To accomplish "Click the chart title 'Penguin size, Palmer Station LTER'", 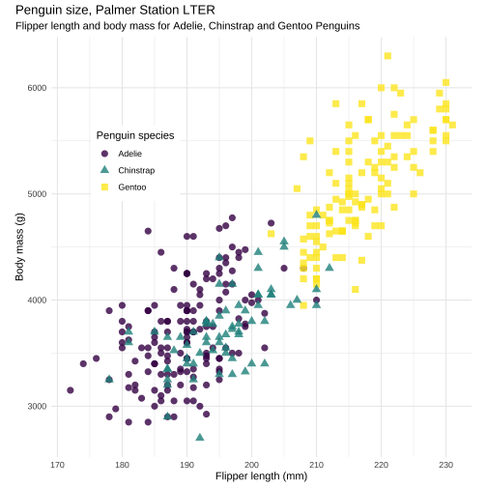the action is pos(115,11).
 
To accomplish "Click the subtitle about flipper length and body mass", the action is pos(187,26).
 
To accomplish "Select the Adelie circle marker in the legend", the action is pos(104,154).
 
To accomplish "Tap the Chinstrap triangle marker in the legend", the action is pos(104,170).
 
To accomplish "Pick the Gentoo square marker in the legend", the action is pos(104,187).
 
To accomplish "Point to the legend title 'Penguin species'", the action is pos(135,135).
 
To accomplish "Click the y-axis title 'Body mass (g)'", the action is pos(19,246).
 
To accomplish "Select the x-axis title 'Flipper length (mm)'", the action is pos(261,476).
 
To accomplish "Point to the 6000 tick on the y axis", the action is pos(37,88).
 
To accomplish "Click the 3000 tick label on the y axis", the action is pos(37,406).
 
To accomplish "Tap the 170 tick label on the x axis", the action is pos(57,465).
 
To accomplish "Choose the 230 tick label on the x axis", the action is pos(446,465).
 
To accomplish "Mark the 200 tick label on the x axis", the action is pos(251,465).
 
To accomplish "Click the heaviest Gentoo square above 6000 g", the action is pos(387,56).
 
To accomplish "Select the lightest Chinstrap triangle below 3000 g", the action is pos(200,437).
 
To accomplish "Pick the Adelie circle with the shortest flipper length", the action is pos(71,390).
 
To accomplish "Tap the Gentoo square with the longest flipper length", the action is pos(452,125).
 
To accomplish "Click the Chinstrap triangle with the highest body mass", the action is pos(317,214).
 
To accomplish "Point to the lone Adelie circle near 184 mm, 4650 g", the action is pos(148,231).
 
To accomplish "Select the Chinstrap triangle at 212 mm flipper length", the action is pos(329,267).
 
